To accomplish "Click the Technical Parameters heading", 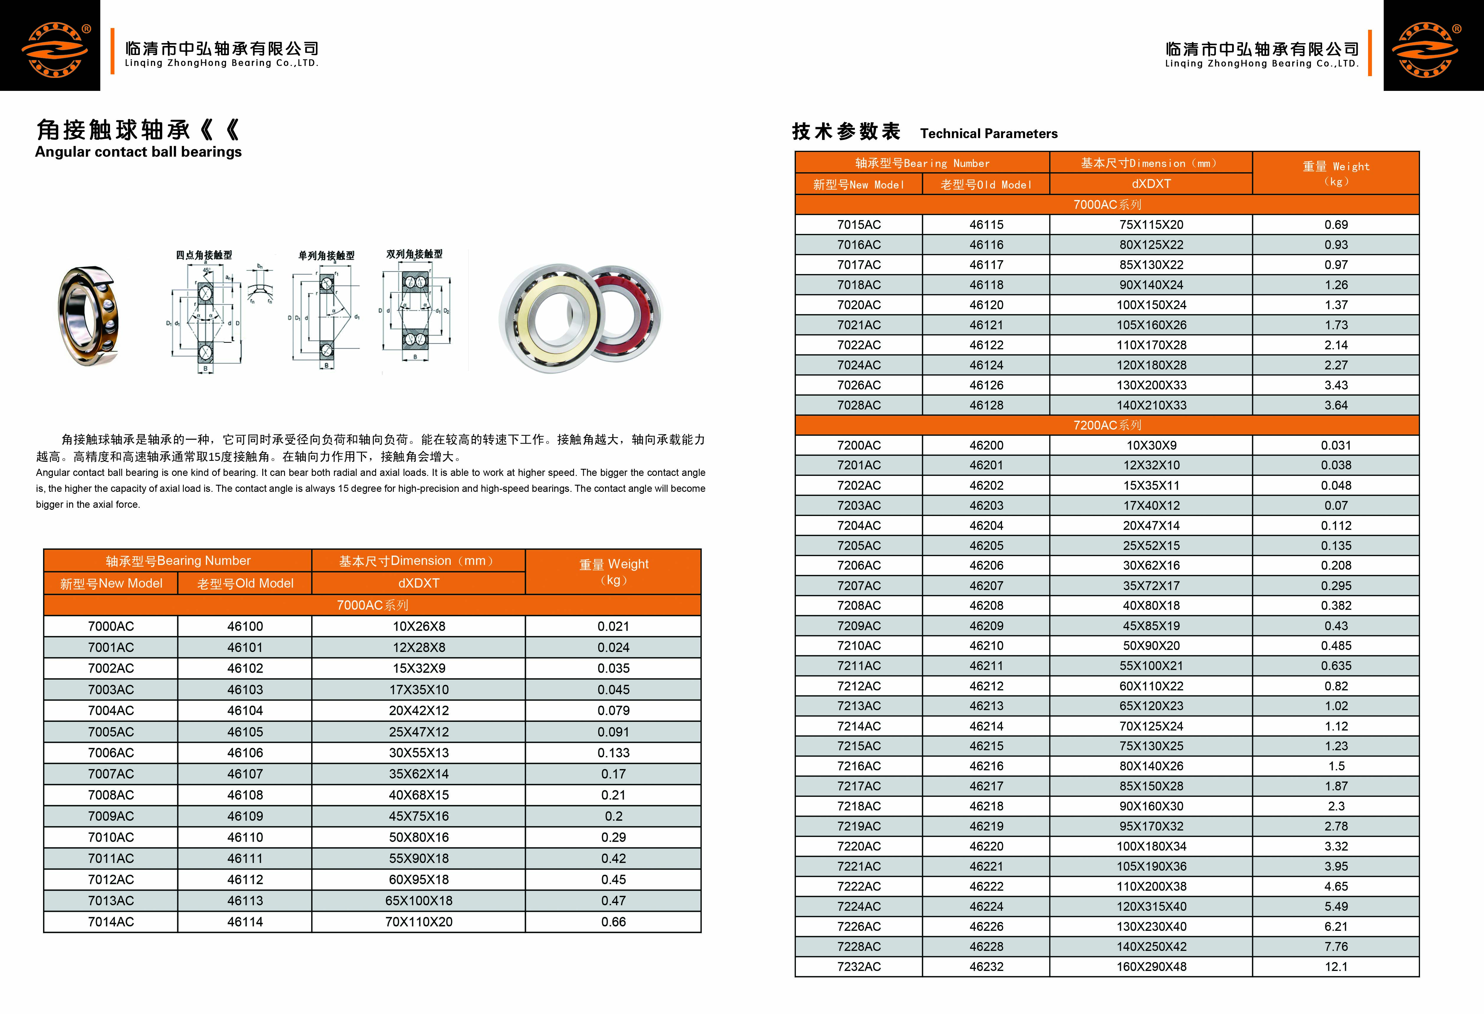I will [x=988, y=133].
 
